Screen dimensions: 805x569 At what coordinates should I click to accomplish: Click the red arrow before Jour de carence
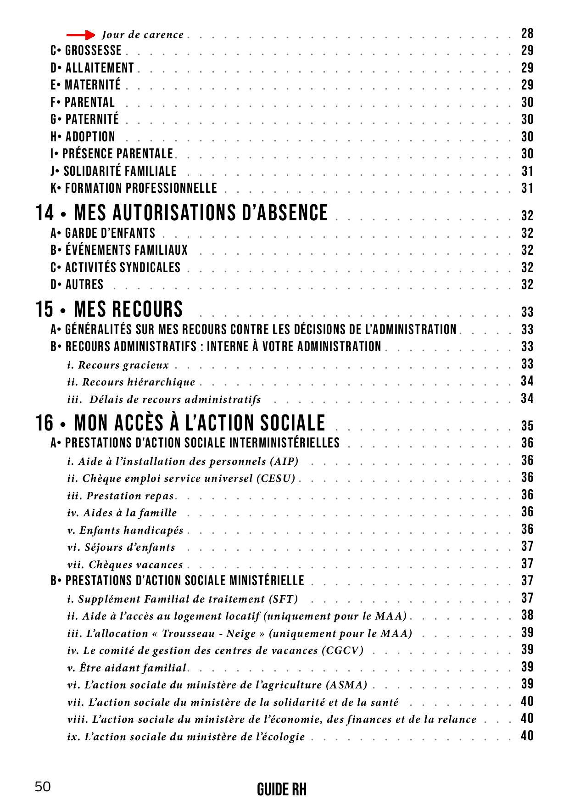(x=81, y=35)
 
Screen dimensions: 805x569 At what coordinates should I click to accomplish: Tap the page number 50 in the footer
(x=43, y=787)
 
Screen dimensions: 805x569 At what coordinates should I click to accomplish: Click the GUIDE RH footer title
(x=281, y=790)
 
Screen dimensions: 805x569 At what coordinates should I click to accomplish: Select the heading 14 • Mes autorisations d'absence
(x=182, y=213)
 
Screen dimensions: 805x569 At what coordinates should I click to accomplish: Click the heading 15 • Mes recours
(x=109, y=309)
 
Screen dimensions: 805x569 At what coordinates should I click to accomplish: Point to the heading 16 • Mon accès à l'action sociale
(x=180, y=423)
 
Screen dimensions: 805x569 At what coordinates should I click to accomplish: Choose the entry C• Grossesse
(x=86, y=50)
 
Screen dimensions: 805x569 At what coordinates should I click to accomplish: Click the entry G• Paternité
(x=85, y=119)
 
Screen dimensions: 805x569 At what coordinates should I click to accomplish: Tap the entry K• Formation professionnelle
(x=134, y=188)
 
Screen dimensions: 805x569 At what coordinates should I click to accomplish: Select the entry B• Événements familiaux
(x=119, y=250)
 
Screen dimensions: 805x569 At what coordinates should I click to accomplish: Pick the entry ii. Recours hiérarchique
(x=131, y=382)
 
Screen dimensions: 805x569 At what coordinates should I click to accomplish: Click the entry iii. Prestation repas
(x=121, y=496)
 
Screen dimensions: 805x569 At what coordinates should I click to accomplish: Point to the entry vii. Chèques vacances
(x=125, y=565)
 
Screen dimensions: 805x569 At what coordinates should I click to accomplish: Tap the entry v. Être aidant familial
(x=127, y=668)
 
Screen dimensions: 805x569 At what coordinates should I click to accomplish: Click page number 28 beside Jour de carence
(x=527, y=34)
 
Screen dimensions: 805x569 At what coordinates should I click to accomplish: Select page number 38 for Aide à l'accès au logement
(x=527, y=615)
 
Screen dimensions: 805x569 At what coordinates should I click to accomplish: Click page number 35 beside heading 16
(x=527, y=426)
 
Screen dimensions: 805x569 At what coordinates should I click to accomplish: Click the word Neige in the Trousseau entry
(x=241, y=633)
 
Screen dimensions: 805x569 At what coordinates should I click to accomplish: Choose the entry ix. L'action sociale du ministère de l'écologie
(x=186, y=737)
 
